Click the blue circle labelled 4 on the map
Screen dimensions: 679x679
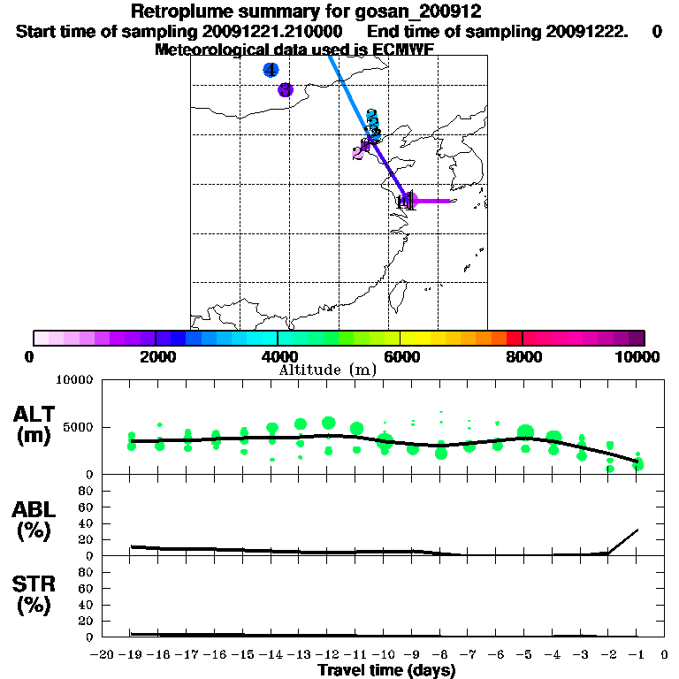tap(271, 70)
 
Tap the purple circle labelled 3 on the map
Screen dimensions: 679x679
tap(285, 89)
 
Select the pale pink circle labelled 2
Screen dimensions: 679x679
tap(358, 152)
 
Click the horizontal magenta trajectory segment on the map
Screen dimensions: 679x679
tap(433, 201)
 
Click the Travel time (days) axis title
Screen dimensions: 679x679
tap(386, 670)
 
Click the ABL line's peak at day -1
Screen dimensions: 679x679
tap(637, 530)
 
